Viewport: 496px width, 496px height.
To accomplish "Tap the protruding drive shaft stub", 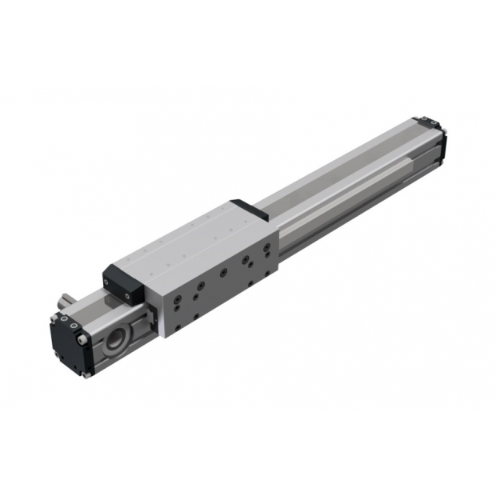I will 65,305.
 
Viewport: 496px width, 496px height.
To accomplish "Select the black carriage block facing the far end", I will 243,209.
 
